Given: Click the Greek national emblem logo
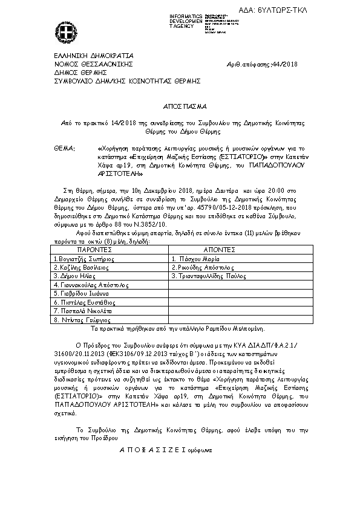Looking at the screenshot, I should click(65, 31).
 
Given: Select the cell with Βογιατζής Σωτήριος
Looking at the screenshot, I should click(84, 258).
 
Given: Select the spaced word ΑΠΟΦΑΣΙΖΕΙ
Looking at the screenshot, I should click(154, 450).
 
